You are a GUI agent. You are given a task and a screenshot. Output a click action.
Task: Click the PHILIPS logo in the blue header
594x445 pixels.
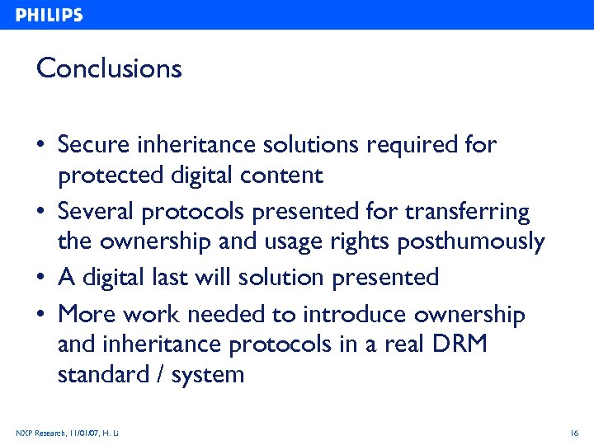pos(49,15)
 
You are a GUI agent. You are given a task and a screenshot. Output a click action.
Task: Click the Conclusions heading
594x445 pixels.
pos(109,68)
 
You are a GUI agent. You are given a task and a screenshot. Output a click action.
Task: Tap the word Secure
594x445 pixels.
pos(93,145)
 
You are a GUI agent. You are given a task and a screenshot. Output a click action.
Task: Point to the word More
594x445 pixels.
pos(87,315)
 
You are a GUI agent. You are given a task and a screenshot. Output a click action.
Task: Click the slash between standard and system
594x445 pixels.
pos(160,375)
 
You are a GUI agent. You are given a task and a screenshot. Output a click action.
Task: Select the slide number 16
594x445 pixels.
pos(574,433)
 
